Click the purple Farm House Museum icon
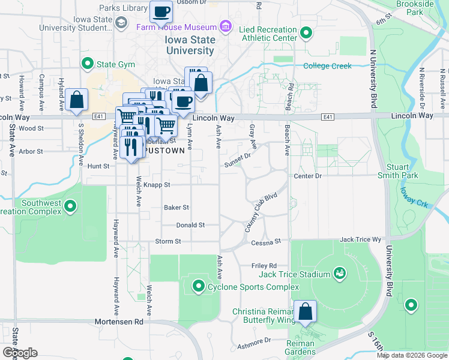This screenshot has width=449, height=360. click(225, 26)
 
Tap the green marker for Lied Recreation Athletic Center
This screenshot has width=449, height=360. click(306, 33)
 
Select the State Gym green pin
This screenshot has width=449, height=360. click(87, 63)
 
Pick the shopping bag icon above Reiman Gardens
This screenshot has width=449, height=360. click(306, 311)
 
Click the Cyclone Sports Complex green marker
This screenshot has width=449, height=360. click(198, 286)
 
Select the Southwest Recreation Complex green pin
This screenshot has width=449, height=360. click(70, 207)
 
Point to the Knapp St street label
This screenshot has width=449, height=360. click(158, 185)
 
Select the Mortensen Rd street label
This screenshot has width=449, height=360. click(119, 322)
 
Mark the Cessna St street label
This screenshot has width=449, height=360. click(267, 241)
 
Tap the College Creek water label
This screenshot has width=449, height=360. click(327, 66)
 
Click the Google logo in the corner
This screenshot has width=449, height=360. click(20, 352)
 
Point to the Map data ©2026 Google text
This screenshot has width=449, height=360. click(412, 355)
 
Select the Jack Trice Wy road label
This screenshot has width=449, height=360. click(360, 239)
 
